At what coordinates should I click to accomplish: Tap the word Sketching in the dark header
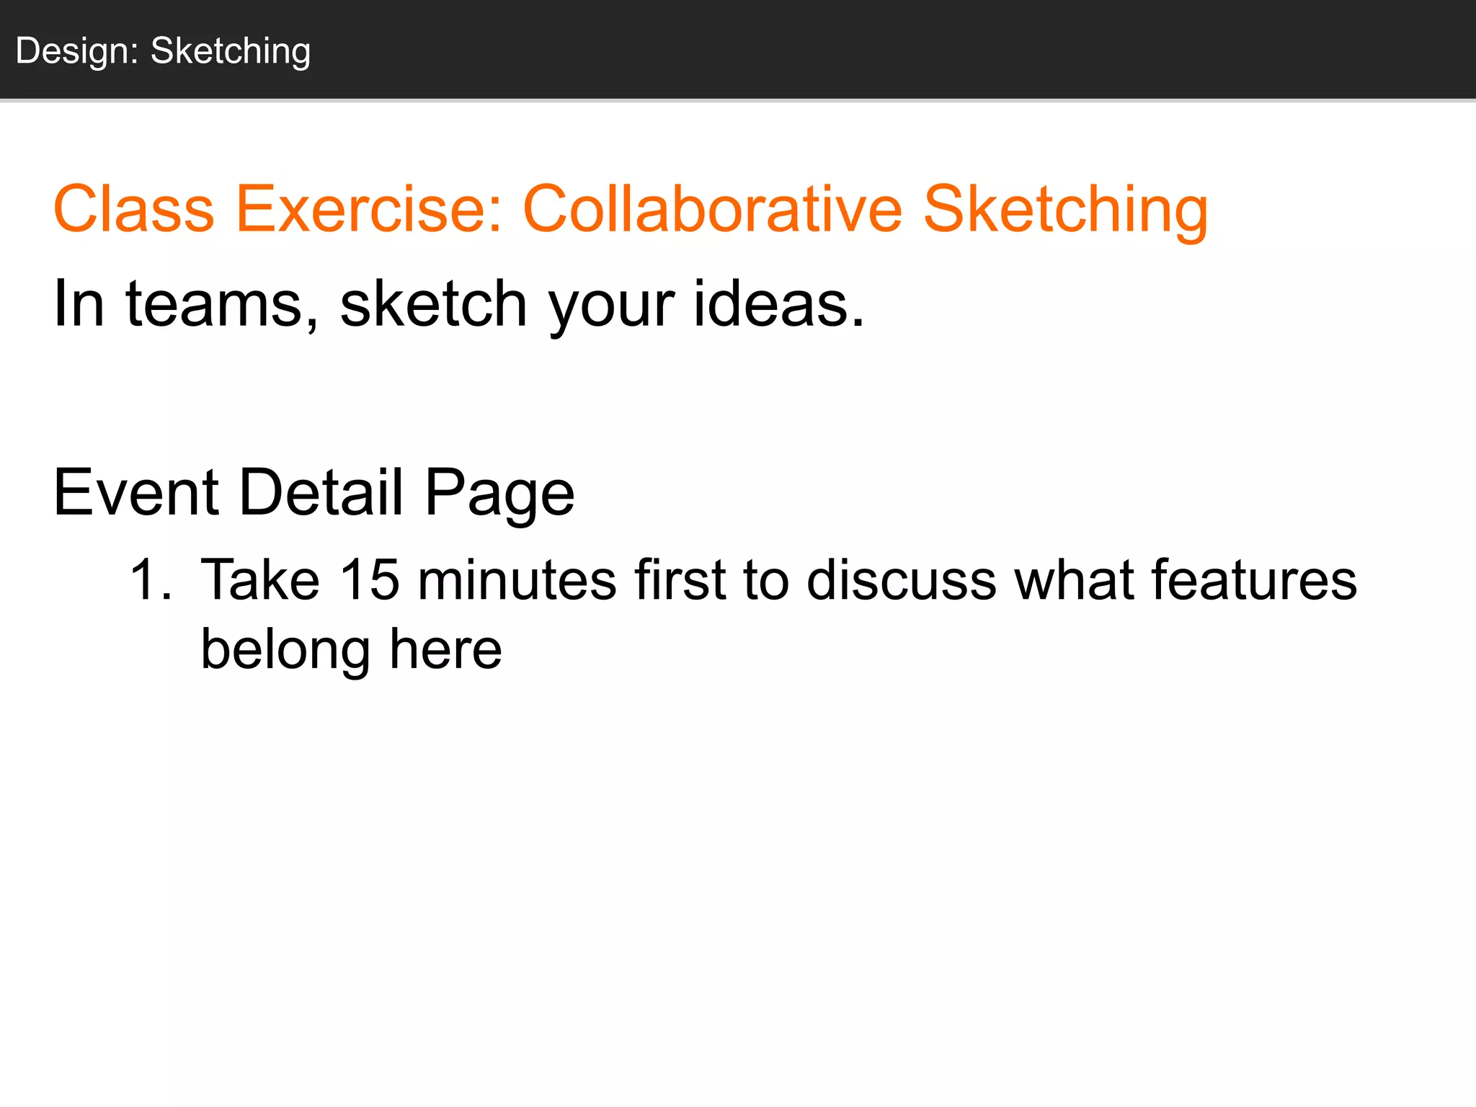(x=231, y=52)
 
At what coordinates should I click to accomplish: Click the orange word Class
(x=134, y=209)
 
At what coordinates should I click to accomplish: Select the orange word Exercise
(x=368, y=209)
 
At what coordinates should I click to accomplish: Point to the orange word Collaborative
(x=712, y=209)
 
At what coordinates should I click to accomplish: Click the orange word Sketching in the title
(x=1065, y=209)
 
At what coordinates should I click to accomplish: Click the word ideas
(x=778, y=304)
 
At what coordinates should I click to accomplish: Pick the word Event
(x=136, y=493)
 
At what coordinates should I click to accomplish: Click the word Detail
(x=321, y=493)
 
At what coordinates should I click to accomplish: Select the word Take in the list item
(x=260, y=580)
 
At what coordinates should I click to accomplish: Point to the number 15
(x=369, y=580)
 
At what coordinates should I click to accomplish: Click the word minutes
(x=517, y=580)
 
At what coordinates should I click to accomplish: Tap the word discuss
(x=902, y=580)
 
